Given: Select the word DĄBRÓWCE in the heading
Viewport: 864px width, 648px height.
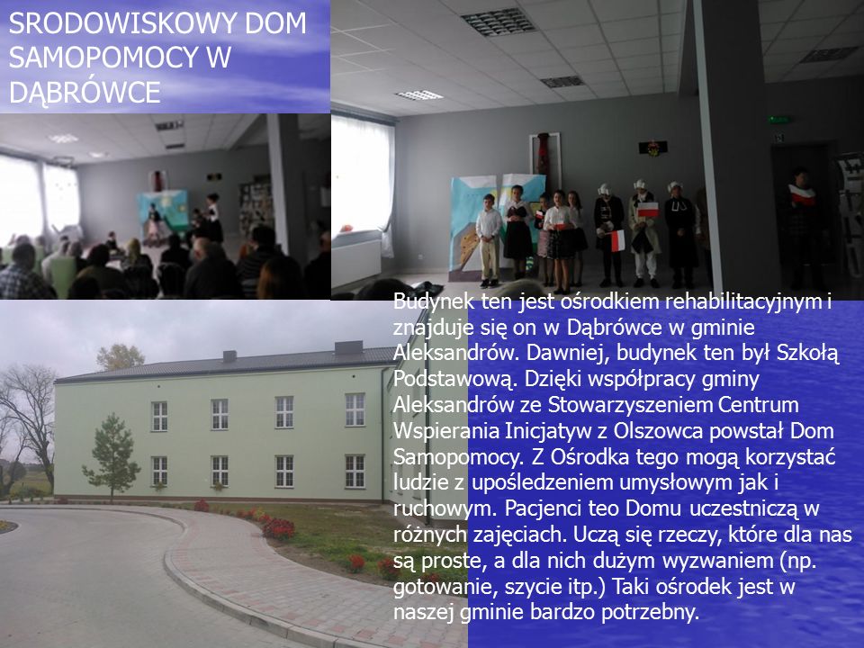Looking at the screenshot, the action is pyautogui.click(x=85, y=92).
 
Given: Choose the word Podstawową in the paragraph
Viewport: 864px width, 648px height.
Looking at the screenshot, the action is pyautogui.click(x=455, y=381).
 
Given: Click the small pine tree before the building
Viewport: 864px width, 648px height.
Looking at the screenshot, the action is pyautogui.click(x=112, y=456).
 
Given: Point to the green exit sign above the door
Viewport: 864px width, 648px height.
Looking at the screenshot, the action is pyautogui.click(x=779, y=120).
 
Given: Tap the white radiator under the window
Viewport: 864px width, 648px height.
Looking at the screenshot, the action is pyautogui.click(x=356, y=262).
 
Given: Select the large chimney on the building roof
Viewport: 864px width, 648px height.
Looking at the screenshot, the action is pyautogui.click(x=349, y=347).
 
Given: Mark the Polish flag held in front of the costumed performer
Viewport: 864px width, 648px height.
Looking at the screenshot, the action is pyautogui.click(x=617, y=240).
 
